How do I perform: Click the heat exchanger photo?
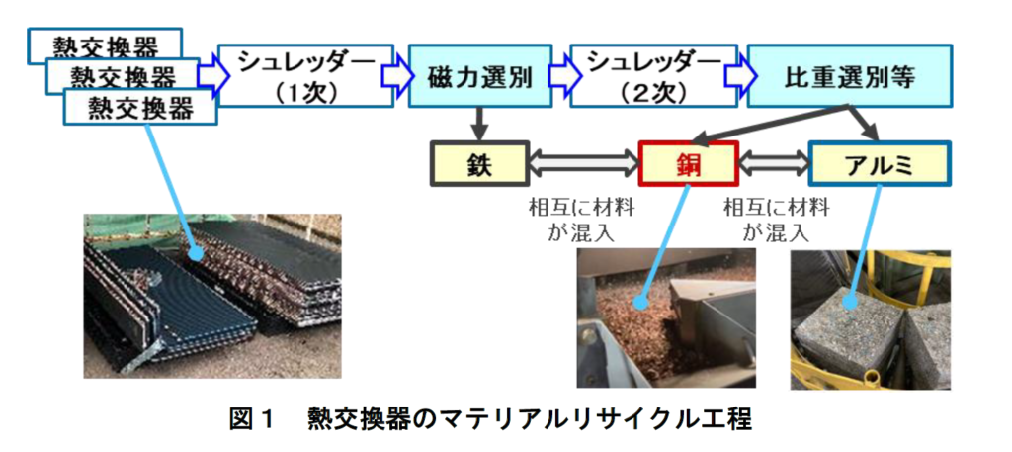(212, 297)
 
